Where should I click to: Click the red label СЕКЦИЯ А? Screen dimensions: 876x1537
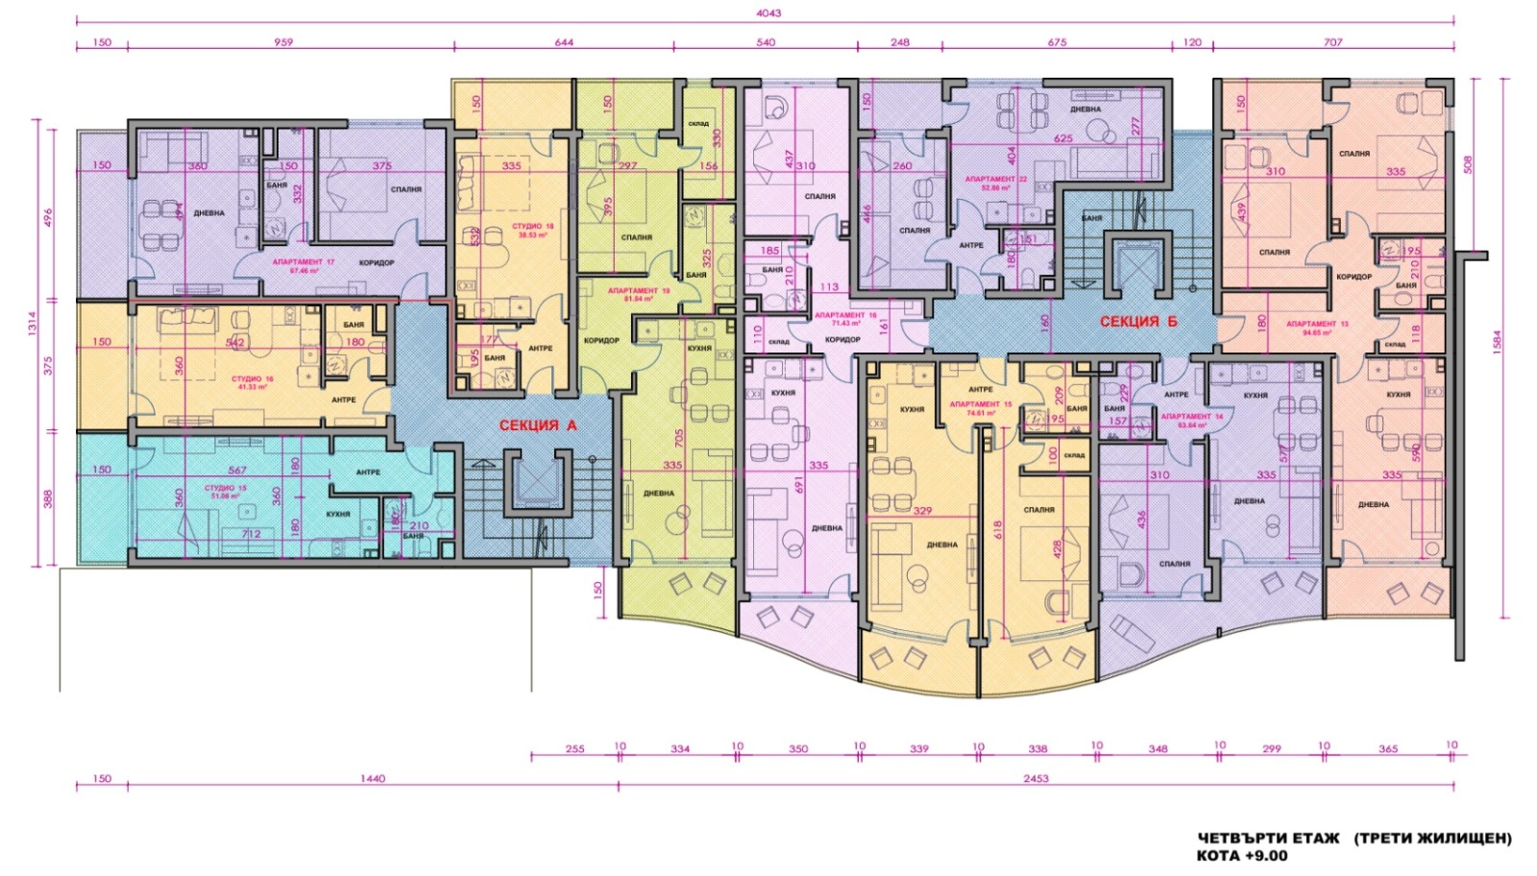click(x=537, y=426)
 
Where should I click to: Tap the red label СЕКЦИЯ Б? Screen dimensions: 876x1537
click(x=1138, y=322)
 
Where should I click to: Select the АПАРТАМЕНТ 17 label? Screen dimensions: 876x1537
click(x=304, y=262)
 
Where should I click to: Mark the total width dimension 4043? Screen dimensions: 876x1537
click(x=768, y=13)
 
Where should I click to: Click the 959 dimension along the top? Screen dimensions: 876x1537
click(x=283, y=42)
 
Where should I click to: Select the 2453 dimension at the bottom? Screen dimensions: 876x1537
click(x=1036, y=779)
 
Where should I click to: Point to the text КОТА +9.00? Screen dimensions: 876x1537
click(x=1241, y=855)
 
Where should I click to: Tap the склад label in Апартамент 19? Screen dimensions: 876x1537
click(x=698, y=124)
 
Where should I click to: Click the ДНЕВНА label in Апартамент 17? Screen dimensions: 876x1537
click(x=208, y=213)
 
